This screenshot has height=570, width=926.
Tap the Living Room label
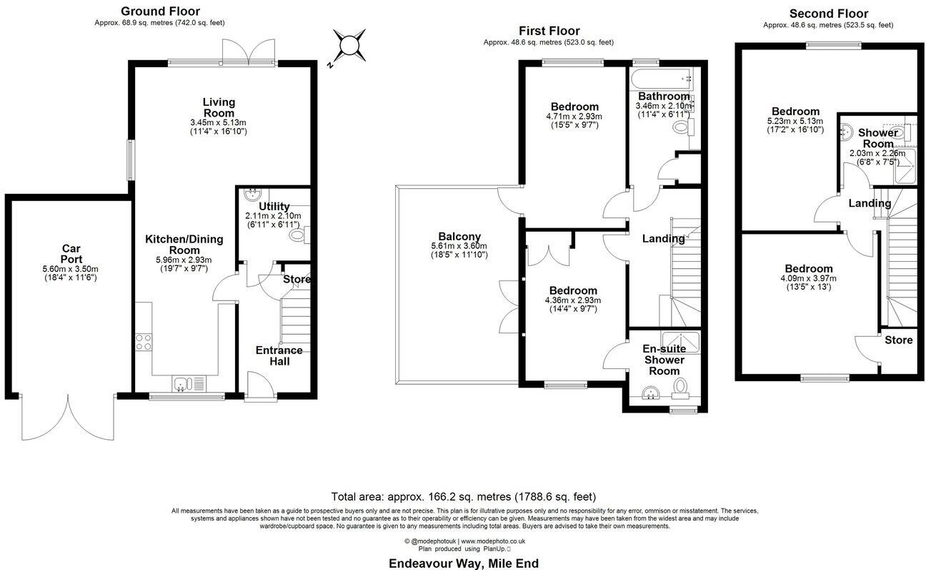click(x=219, y=108)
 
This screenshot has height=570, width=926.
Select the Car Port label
click(x=71, y=254)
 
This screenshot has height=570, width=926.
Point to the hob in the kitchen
click(x=143, y=343)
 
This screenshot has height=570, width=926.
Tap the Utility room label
click(x=274, y=207)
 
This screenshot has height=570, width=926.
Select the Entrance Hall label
click(x=279, y=355)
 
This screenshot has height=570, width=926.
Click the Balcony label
click(x=459, y=237)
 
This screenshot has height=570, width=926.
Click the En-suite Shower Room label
click(x=664, y=360)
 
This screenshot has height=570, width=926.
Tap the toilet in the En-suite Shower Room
click(x=681, y=387)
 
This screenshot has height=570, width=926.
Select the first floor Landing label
click(x=663, y=239)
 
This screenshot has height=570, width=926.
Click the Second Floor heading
click(x=828, y=14)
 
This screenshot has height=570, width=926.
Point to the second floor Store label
click(x=898, y=340)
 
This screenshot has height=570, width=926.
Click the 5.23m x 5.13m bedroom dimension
click(x=795, y=122)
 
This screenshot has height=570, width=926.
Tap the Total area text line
click(x=464, y=496)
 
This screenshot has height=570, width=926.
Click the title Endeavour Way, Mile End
click(x=464, y=564)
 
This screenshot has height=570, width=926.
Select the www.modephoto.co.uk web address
click(x=492, y=541)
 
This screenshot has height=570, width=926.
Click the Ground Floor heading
click(x=160, y=11)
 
